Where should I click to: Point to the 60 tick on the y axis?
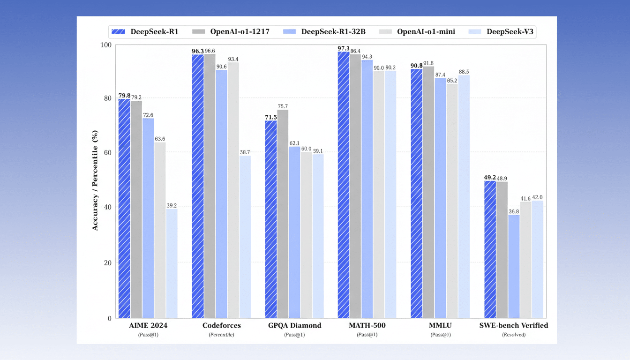107,152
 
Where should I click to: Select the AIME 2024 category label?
148,325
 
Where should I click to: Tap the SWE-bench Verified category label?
513,325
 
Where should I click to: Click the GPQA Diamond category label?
294,325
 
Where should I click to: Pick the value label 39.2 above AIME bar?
172,205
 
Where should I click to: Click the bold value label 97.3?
344,48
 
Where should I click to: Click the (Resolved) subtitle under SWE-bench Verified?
513,335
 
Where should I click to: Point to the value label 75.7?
283,106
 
